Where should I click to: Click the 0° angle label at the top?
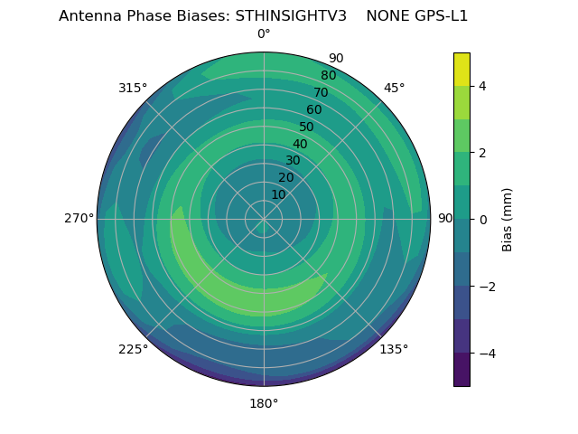[x=264, y=34]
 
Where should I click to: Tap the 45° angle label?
[x=394, y=88]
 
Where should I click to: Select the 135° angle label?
[x=394, y=349]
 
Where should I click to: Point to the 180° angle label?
[x=264, y=403]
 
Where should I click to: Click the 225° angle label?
[x=133, y=349]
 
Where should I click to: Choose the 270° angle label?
[x=79, y=218]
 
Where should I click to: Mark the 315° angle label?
[x=133, y=88]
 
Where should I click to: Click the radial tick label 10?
[x=278, y=194]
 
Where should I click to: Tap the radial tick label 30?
[x=293, y=161]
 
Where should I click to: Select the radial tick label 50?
[x=306, y=127]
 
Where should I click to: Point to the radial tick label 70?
[x=321, y=93]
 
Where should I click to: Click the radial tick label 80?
[x=328, y=76]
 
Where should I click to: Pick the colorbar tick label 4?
[x=483, y=86]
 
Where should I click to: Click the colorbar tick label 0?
[x=483, y=219]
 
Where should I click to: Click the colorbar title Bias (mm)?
[x=508, y=219]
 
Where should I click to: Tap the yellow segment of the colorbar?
[x=461, y=69]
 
